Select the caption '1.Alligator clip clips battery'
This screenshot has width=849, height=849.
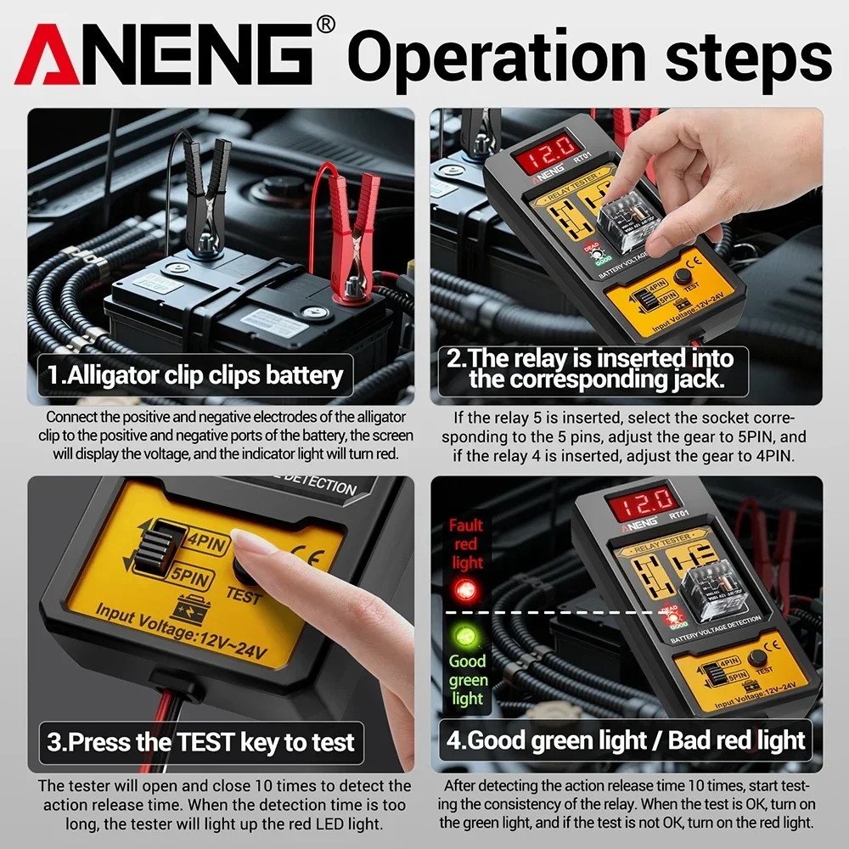[195, 375]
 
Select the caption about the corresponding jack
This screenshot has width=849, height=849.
[591, 368]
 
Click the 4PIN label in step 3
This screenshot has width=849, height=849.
[205, 541]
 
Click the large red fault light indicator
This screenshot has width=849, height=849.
[464, 589]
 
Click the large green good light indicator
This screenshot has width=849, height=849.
[464, 634]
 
